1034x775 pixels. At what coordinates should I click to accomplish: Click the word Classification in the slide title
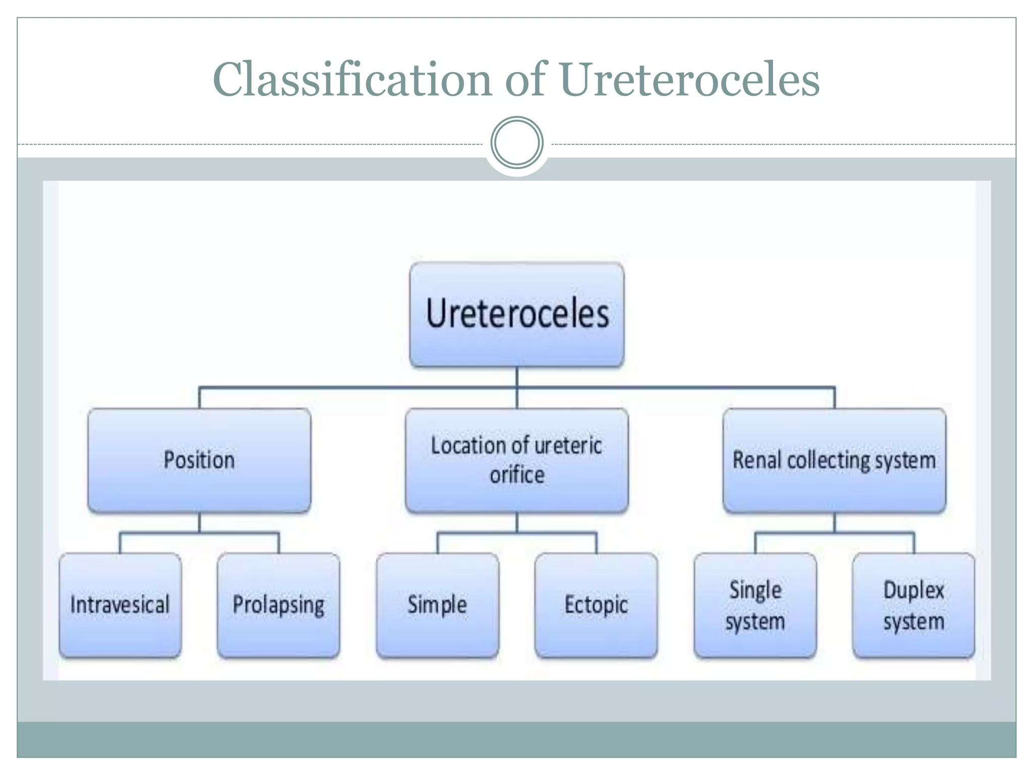[x=352, y=79]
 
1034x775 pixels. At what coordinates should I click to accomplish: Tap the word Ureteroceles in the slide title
[x=690, y=79]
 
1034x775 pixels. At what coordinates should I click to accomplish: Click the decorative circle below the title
[x=516, y=143]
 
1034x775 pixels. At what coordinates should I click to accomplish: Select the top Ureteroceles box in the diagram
[x=517, y=314]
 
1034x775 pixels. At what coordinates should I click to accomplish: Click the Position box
[x=199, y=461]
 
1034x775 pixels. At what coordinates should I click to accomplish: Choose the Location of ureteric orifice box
[x=516, y=461]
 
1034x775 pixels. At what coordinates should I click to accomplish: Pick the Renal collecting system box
[x=834, y=461]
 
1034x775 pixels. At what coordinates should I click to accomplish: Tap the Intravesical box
[x=120, y=605]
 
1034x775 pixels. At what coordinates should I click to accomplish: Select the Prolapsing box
[x=279, y=605]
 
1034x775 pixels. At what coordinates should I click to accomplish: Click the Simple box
[x=437, y=605]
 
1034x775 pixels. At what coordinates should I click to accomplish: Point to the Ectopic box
[x=596, y=605]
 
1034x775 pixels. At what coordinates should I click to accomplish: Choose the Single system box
[x=755, y=605]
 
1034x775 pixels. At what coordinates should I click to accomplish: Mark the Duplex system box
[x=913, y=605]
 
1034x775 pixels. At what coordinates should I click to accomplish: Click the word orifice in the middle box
[x=517, y=475]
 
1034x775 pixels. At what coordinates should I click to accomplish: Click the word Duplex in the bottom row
[x=914, y=590]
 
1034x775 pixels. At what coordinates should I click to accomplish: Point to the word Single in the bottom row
[x=755, y=590]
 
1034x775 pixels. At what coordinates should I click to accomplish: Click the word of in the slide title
[x=525, y=79]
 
